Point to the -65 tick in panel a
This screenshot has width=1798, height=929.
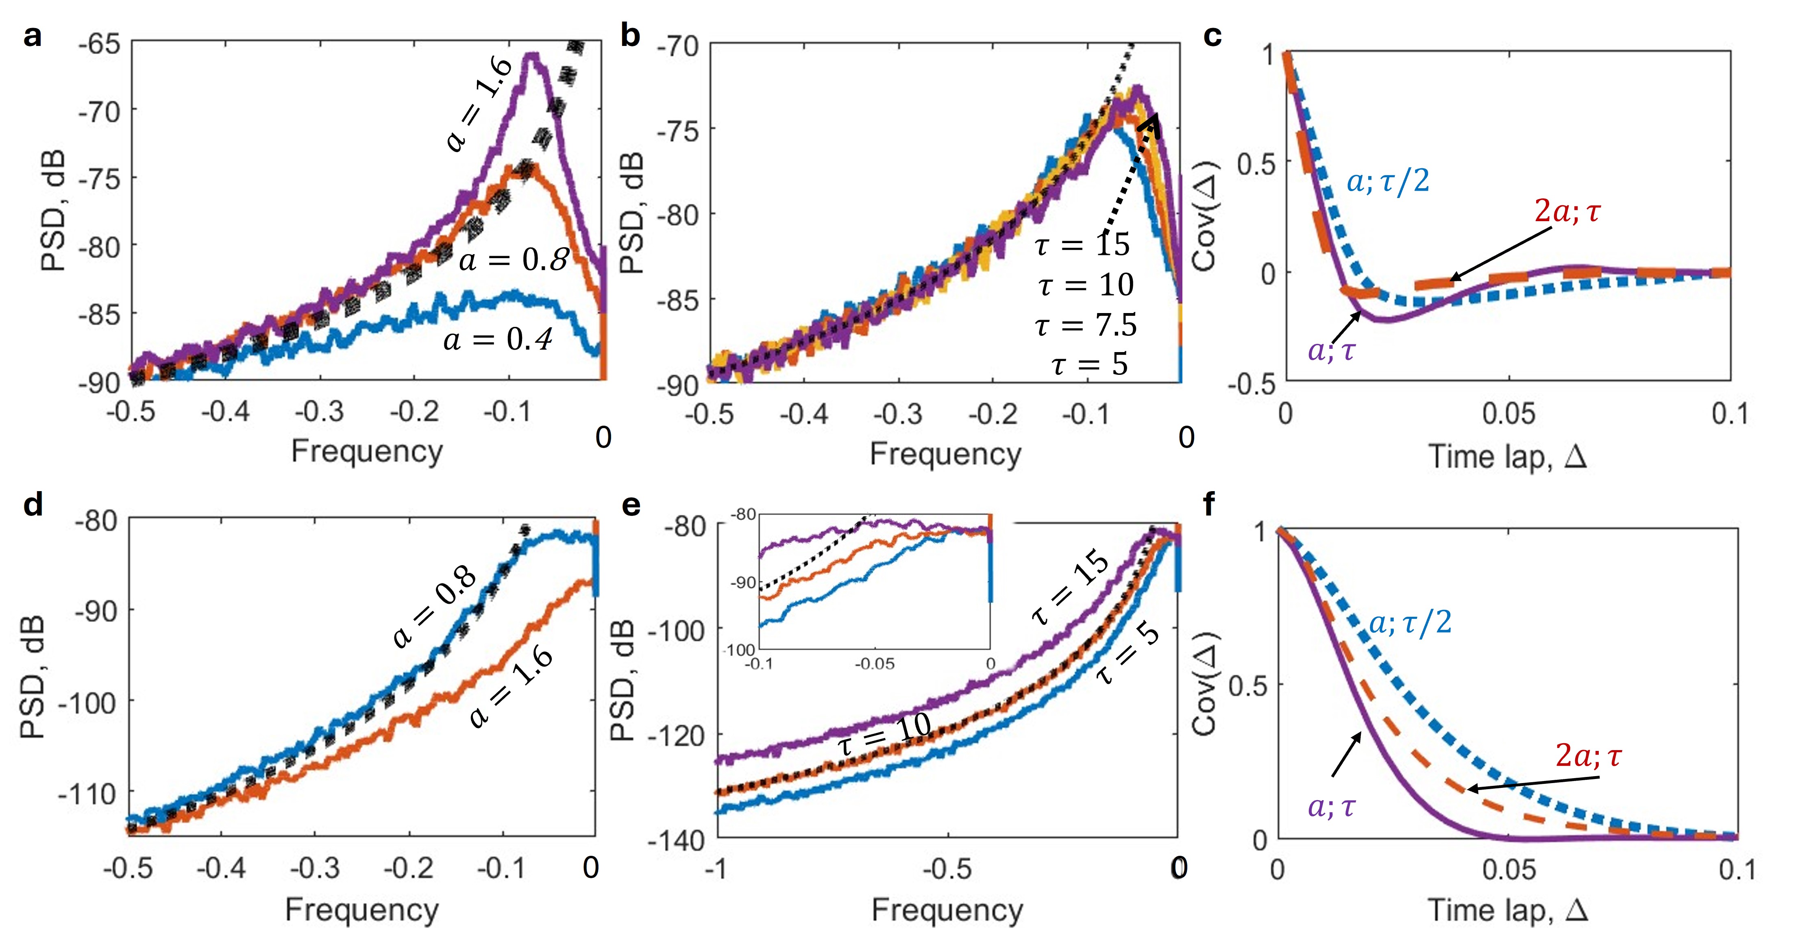coord(100,45)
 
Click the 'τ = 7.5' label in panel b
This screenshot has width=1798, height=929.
coord(1086,324)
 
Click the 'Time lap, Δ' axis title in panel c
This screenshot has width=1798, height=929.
coord(1508,457)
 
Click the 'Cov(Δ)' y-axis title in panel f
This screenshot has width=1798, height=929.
coord(1206,684)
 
